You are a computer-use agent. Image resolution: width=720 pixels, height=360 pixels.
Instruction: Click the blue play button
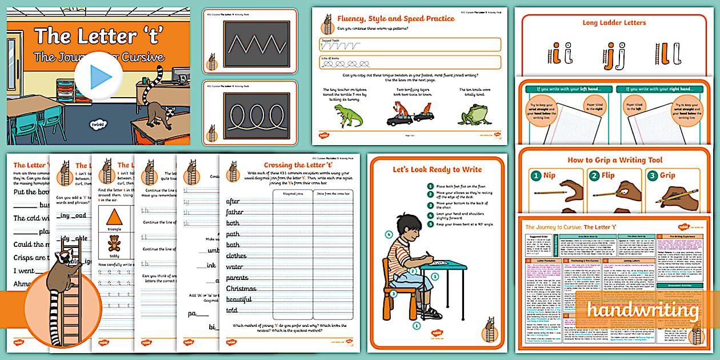pyautogui.click(x=98, y=77)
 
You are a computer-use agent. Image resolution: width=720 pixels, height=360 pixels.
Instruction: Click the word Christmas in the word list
pyautogui.click(x=241, y=289)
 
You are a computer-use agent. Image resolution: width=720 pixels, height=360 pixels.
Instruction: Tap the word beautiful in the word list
pyautogui.click(x=239, y=299)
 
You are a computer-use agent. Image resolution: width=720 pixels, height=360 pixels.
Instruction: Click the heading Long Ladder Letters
pyautogui.click(x=614, y=23)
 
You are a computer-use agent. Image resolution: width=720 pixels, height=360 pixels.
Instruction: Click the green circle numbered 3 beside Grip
pyautogui.click(x=652, y=176)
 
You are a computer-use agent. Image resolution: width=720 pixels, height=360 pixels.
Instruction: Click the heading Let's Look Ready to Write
pyautogui.click(x=437, y=170)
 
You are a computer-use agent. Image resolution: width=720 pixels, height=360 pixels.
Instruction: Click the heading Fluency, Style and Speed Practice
pyautogui.click(x=396, y=19)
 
